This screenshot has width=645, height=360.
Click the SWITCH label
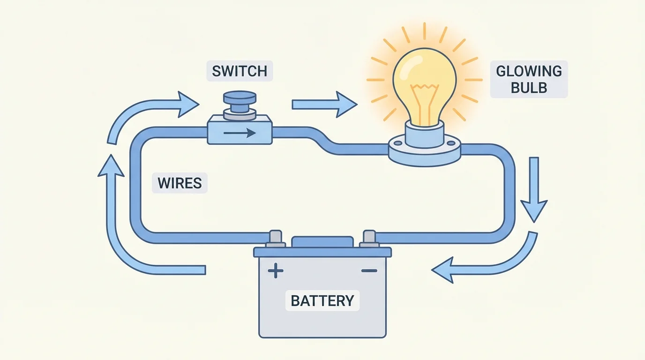[x=239, y=71]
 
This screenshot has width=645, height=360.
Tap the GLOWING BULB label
[x=529, y=79]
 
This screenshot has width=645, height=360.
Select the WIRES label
[x=180, y=182]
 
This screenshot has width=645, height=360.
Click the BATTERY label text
[x=322, y=300]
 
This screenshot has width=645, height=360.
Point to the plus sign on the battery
[x=275, y=271]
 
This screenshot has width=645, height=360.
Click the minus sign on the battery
[x=369, y=271]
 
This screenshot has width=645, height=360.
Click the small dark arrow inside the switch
[x=239, y=133]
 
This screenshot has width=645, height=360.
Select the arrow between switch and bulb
[x=323, y=104]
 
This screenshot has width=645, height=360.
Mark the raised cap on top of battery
[x=322, y=242]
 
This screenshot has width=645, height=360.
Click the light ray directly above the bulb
[x=424, y=30]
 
